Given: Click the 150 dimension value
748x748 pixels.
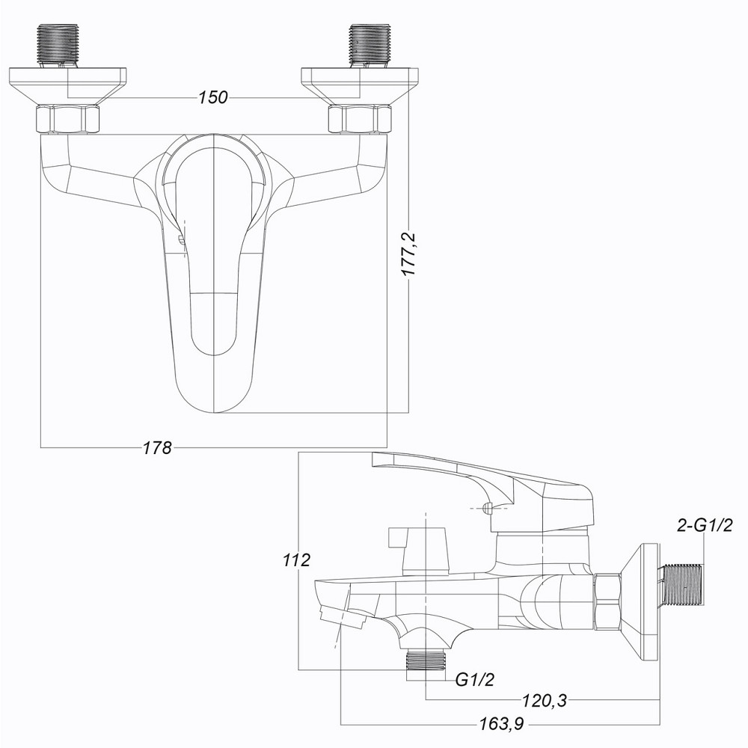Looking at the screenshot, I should click(x=213, y=98).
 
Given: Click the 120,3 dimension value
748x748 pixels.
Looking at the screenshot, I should click(x=543, y=700).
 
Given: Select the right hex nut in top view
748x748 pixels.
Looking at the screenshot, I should click(x=361, y=120).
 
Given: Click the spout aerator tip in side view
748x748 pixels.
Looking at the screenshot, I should click(x=340, y=617).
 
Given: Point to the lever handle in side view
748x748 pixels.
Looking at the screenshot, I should click(x=479, y=479).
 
